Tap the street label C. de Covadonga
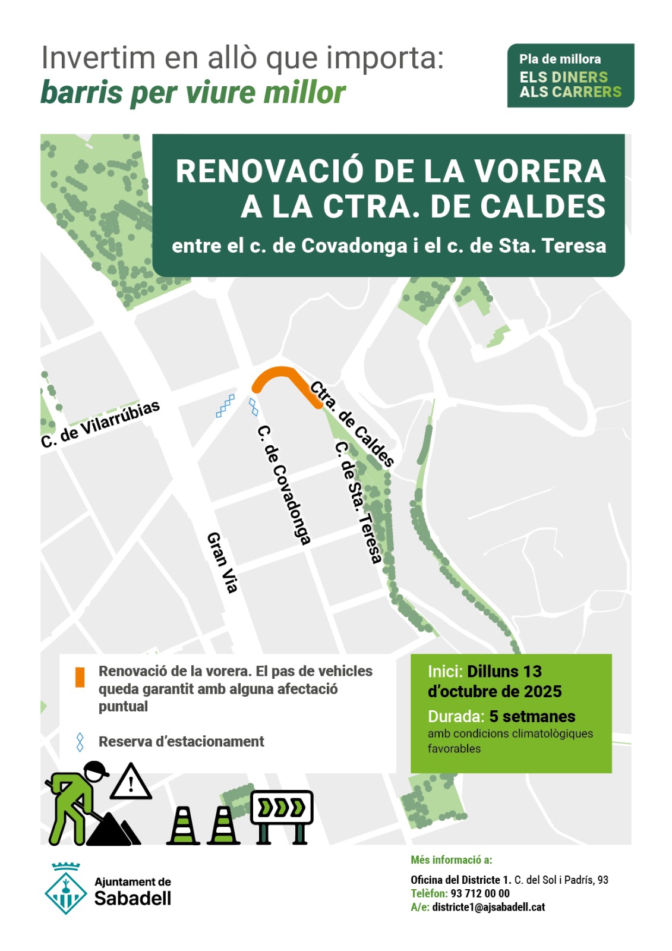pos(284,484)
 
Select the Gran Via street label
pos(222,562)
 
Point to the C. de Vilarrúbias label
pos(100,424)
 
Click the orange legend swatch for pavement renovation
pos(80,677)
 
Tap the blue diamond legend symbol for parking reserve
pos(80,742)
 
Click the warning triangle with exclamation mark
pos(131,782)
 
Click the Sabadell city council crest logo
pos(66,889)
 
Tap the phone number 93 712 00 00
pos(480,893)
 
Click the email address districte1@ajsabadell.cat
pos(488,907)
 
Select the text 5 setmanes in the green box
pos(532,716)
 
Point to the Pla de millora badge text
pos(560,59)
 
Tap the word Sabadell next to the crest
pos(133,898)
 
